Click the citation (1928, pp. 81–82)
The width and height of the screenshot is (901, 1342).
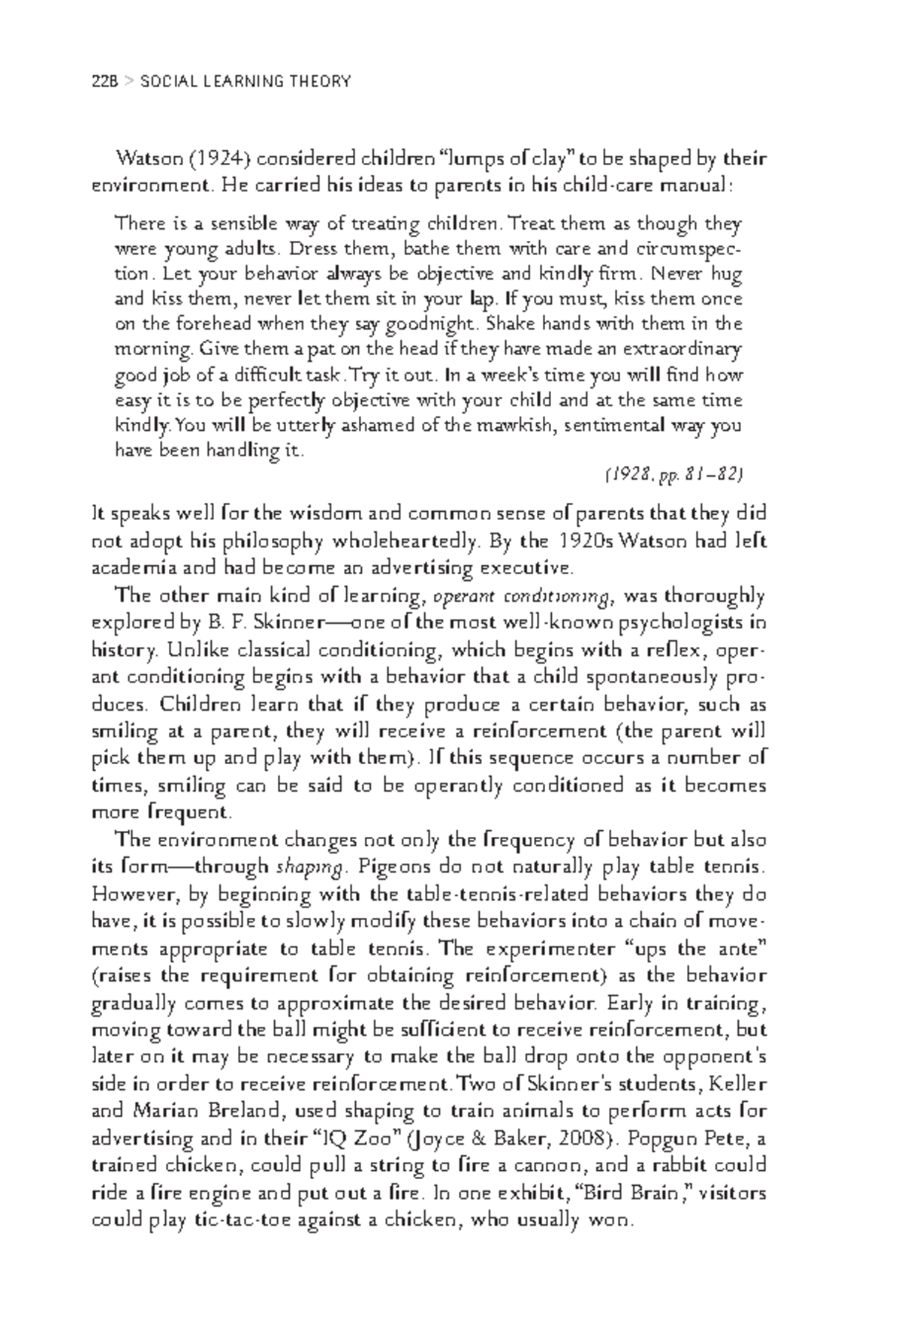point(673,474)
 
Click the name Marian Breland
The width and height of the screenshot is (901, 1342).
point(212,1112)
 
